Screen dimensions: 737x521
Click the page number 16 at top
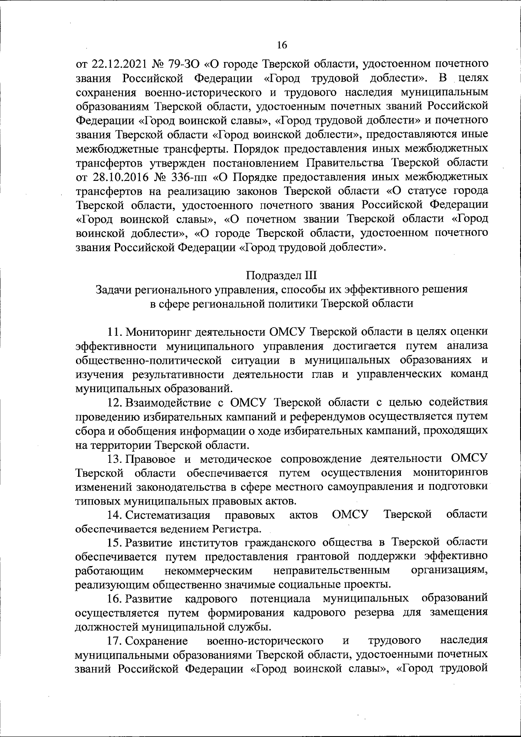point(282,45)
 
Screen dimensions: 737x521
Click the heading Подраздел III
point(282,275)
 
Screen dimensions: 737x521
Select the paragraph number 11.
point(115,332)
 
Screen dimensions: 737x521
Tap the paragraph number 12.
point(115,402)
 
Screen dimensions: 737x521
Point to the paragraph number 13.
point(115,459)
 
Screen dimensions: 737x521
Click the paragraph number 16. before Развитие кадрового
point(115,599)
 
